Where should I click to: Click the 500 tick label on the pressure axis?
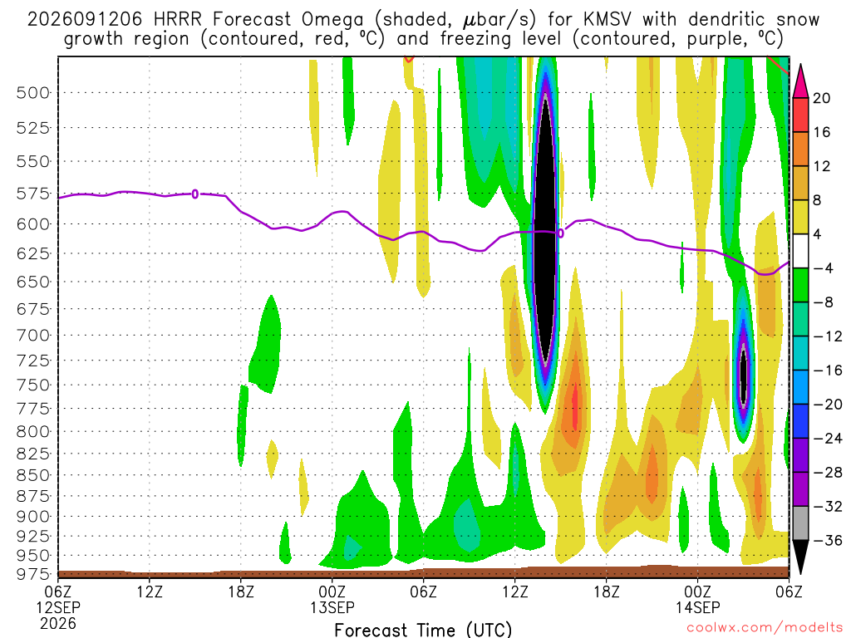(32, 93)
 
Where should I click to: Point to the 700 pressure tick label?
(32, 336)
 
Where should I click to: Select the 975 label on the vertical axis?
(32, 574)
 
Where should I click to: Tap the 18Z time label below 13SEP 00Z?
(606, 591)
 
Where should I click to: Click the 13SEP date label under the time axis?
(332, 607)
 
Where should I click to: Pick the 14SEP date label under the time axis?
(698, 607)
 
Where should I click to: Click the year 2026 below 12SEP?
(58, 623)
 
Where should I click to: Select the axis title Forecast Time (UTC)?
(423, 630)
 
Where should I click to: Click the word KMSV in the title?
(608, 20)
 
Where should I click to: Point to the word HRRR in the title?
(178, 20)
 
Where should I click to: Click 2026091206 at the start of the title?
(85, 20)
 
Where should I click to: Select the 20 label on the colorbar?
(821, 98)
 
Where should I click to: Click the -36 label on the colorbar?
(827, 540)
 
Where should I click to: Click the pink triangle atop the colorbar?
(800, 81)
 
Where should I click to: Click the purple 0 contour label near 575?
(194, 194)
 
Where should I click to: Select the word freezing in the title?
(476, 39)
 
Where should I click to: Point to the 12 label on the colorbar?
(821, 166)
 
